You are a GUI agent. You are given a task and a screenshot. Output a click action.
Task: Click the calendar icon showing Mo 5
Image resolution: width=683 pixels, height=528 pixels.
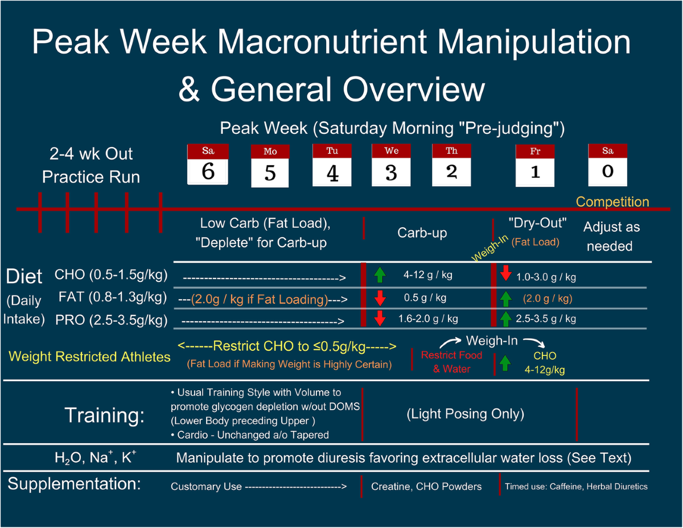(270, 166)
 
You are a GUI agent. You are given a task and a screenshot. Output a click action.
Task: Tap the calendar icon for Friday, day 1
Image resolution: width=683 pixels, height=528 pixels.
(535, 165)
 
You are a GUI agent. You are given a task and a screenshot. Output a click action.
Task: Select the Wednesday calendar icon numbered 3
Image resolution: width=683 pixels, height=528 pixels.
(391, 165)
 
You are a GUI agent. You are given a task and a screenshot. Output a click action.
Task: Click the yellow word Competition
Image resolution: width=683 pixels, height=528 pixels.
(612, 202)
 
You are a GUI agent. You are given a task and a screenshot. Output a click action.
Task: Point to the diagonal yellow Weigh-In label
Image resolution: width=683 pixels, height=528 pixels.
(489, 248)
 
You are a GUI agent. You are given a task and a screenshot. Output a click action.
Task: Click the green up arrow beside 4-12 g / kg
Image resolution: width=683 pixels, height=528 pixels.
(380, 275)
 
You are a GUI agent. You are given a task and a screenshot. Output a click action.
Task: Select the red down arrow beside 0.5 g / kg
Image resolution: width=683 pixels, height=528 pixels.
(380, 298)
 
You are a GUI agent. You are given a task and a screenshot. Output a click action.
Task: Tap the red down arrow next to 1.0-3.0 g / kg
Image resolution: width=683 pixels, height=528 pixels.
(506, 273)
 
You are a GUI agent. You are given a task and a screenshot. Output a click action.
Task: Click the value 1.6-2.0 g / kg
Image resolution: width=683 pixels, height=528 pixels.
(428, 319)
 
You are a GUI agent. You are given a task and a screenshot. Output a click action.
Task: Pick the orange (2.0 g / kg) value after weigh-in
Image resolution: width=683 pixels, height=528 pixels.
(548, 298)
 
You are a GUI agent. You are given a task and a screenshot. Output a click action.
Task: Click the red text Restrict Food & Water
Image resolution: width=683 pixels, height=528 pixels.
(452, 362)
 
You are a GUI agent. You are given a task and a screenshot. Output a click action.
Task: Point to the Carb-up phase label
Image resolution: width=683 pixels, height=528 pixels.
(422, 233)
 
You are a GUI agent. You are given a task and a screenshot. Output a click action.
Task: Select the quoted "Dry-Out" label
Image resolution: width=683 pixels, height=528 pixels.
(537, 223)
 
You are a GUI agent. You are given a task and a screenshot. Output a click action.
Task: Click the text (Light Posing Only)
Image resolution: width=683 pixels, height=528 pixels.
(466, 414)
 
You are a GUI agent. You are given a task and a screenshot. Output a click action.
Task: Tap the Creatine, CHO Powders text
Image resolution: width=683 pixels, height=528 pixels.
(426, 486)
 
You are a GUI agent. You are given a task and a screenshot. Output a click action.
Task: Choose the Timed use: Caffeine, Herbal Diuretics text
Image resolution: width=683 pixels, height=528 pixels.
(576, 486)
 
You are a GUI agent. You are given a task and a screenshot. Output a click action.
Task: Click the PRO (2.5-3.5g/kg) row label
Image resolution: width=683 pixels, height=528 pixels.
(111, 320)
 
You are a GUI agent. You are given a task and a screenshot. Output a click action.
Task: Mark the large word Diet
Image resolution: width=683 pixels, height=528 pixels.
(24, 276)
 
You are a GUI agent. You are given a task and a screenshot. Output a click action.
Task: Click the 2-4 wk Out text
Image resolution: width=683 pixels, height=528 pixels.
(91, 154)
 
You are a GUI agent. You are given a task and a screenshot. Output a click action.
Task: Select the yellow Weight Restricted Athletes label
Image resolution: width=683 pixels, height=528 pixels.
(89, 357)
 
